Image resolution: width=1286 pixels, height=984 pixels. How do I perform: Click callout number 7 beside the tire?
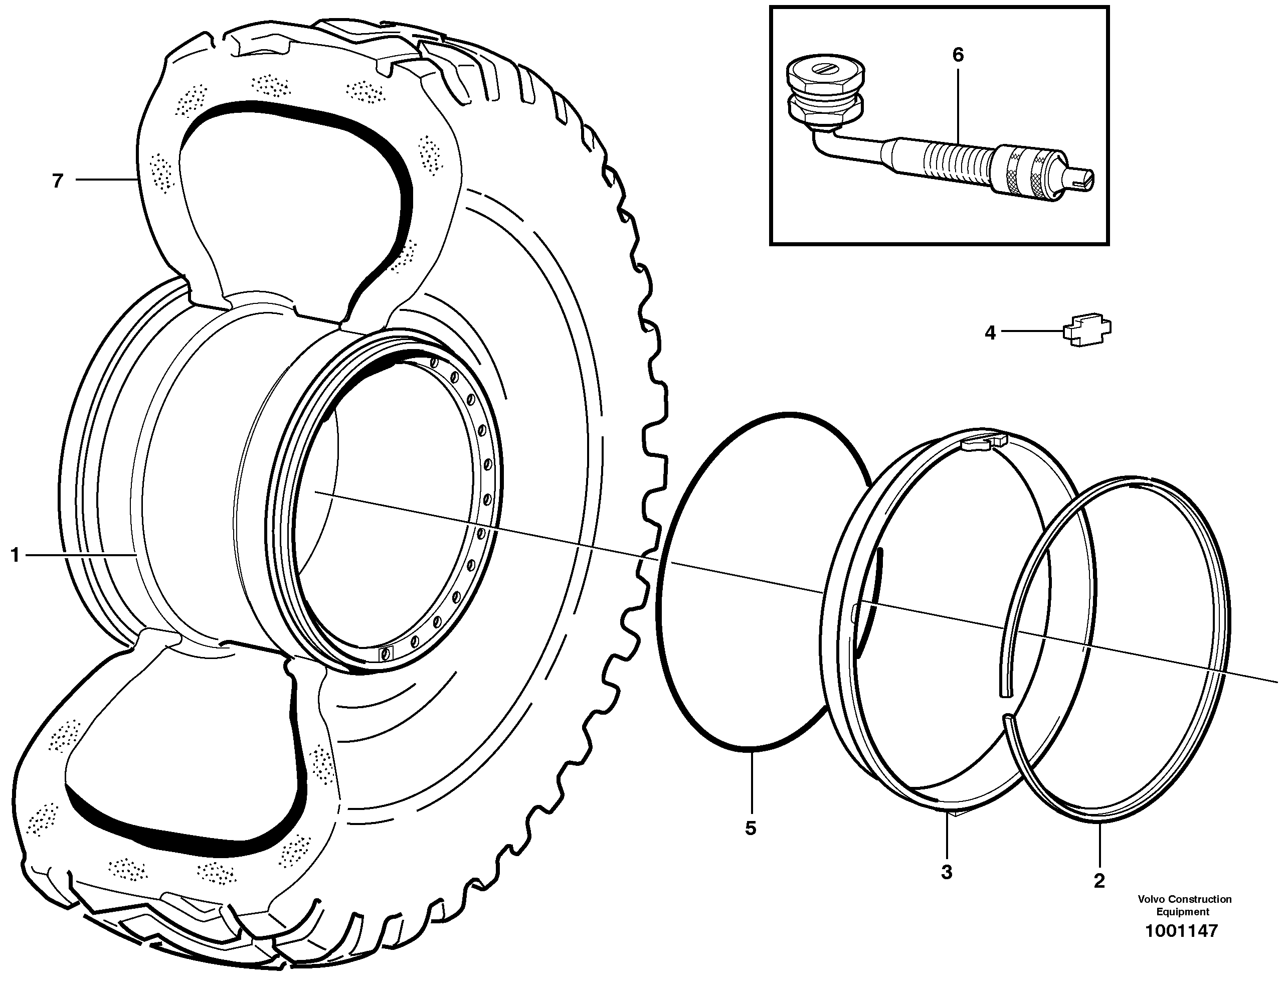pos(57,181)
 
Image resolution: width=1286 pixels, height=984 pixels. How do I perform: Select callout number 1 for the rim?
pos(15,555)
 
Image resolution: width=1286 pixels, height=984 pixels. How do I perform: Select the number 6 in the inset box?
pos(958,55)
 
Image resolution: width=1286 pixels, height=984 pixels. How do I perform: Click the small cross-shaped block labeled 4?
pos(1087,332)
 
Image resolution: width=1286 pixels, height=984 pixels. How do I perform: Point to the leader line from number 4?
pos(1032,332)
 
